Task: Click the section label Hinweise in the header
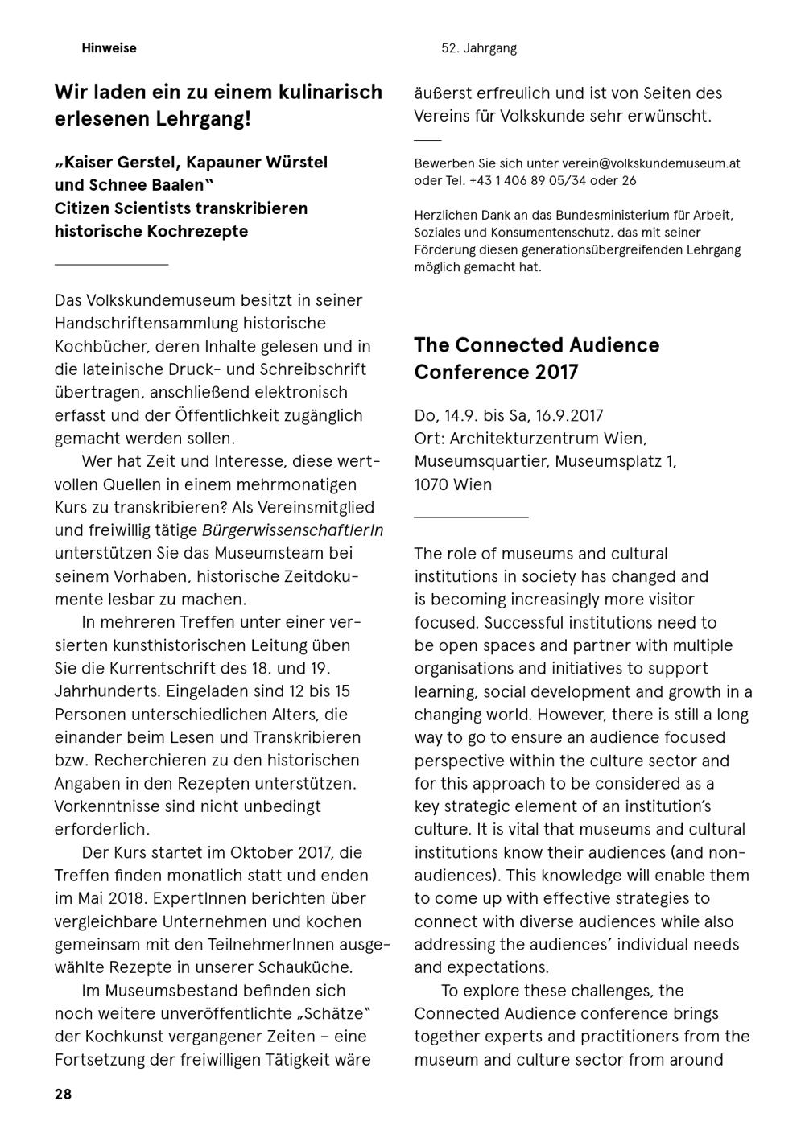[x=109, y=48]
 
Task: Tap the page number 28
[x=63, y=1095]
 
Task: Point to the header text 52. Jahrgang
[x=479, y=48]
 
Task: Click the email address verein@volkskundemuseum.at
[x=650, y=163]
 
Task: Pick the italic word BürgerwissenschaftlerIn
[x=292, y=530]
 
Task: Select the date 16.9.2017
[x=562, y=415]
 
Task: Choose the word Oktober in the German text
[x=258, y=852]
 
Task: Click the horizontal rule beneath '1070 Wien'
[x=471, y=517]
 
